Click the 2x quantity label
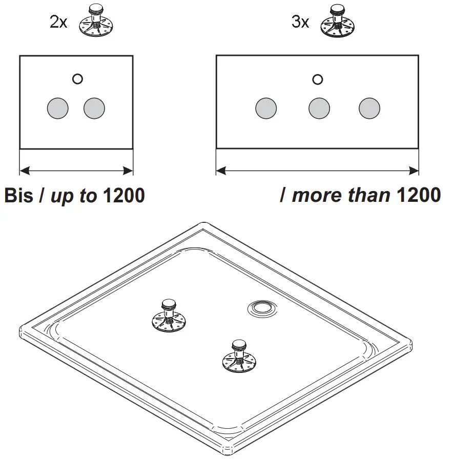point(58,23)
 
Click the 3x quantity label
point(300,23)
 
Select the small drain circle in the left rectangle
point(77,79)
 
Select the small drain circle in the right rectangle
point(318,79)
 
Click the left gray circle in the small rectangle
point(57,108)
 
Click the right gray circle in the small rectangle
point(94,108)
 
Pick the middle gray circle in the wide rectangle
point(319,108)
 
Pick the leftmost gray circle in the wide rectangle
point(266,108)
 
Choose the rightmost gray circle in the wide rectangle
point(369,108)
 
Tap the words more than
point(341,195)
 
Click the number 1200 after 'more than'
point(419,195)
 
